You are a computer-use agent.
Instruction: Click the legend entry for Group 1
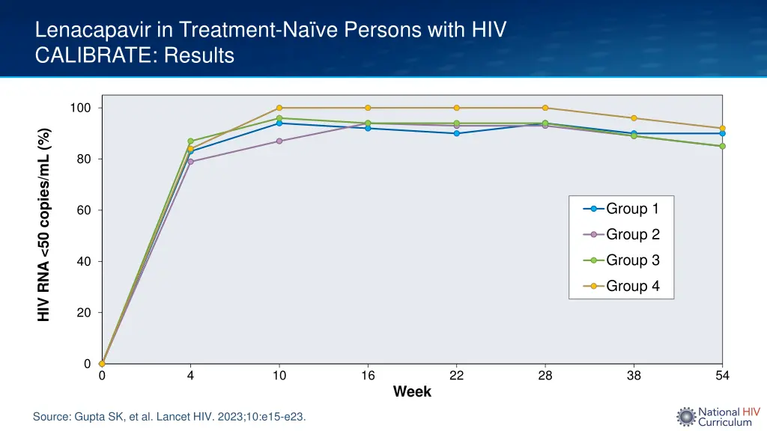pos(622,209)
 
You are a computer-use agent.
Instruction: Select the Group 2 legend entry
pos(622,234)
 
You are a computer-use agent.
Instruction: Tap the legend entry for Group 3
pos(622,260)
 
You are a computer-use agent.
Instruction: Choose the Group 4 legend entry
pos(622,286)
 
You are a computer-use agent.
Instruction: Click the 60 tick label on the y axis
pos(84,210)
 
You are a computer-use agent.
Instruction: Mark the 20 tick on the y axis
pos(84,313)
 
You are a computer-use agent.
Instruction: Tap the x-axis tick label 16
pos(368,376)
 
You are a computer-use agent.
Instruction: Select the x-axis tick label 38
pos(634,376)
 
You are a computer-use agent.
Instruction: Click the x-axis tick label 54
pos(722,376)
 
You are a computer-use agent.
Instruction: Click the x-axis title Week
pos(412,392)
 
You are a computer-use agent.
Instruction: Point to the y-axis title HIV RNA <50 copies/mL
pos(44,224)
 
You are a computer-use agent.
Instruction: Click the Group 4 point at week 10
pos(279,108)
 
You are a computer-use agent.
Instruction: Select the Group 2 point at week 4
pos(191,162)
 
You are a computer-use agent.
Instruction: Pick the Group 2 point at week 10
pos(279,141)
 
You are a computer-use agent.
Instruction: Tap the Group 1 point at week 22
pos(457,133)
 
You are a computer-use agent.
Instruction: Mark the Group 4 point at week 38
pos(634,118)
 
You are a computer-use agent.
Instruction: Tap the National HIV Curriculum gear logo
pos(685,417)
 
